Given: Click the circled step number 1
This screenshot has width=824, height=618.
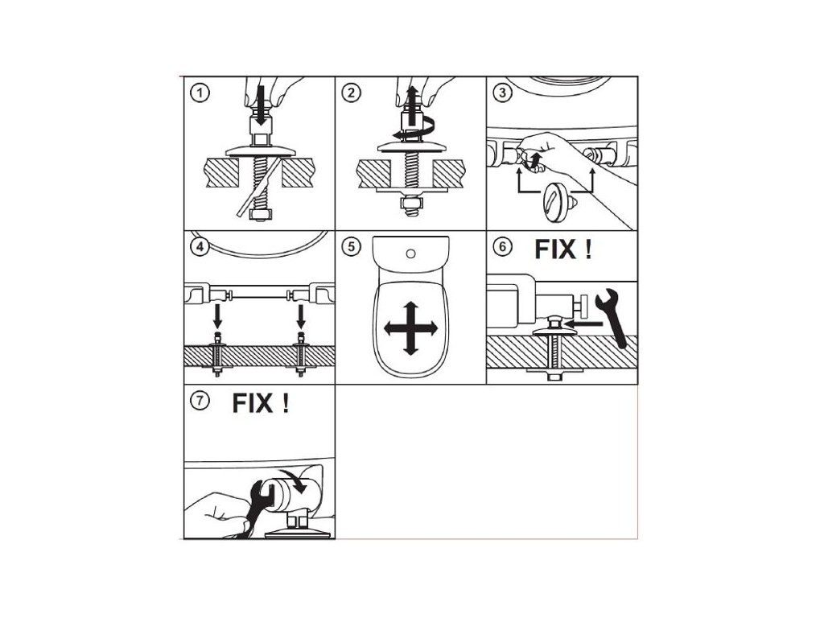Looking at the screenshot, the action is pyautogui.click(x=198, y=93).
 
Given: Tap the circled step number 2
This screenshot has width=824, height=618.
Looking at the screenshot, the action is pyautogui.click(x=350, y=93).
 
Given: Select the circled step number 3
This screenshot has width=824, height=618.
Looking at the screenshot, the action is pyautogui.click(x=502, y=93).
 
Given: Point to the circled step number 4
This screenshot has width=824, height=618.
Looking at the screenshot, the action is pyautogui.click(x=198, y=246).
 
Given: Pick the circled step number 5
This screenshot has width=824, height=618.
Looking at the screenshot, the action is pyautogui.click(x=350, y=246).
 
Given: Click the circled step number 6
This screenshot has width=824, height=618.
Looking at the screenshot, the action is pyautogui.click(x=502, y=246).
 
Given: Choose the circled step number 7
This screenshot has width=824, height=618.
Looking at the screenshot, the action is pyautogui.click(x=198, y=400).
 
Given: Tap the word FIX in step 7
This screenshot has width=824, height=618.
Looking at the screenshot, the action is pyautogui.click(x=253, y=402).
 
